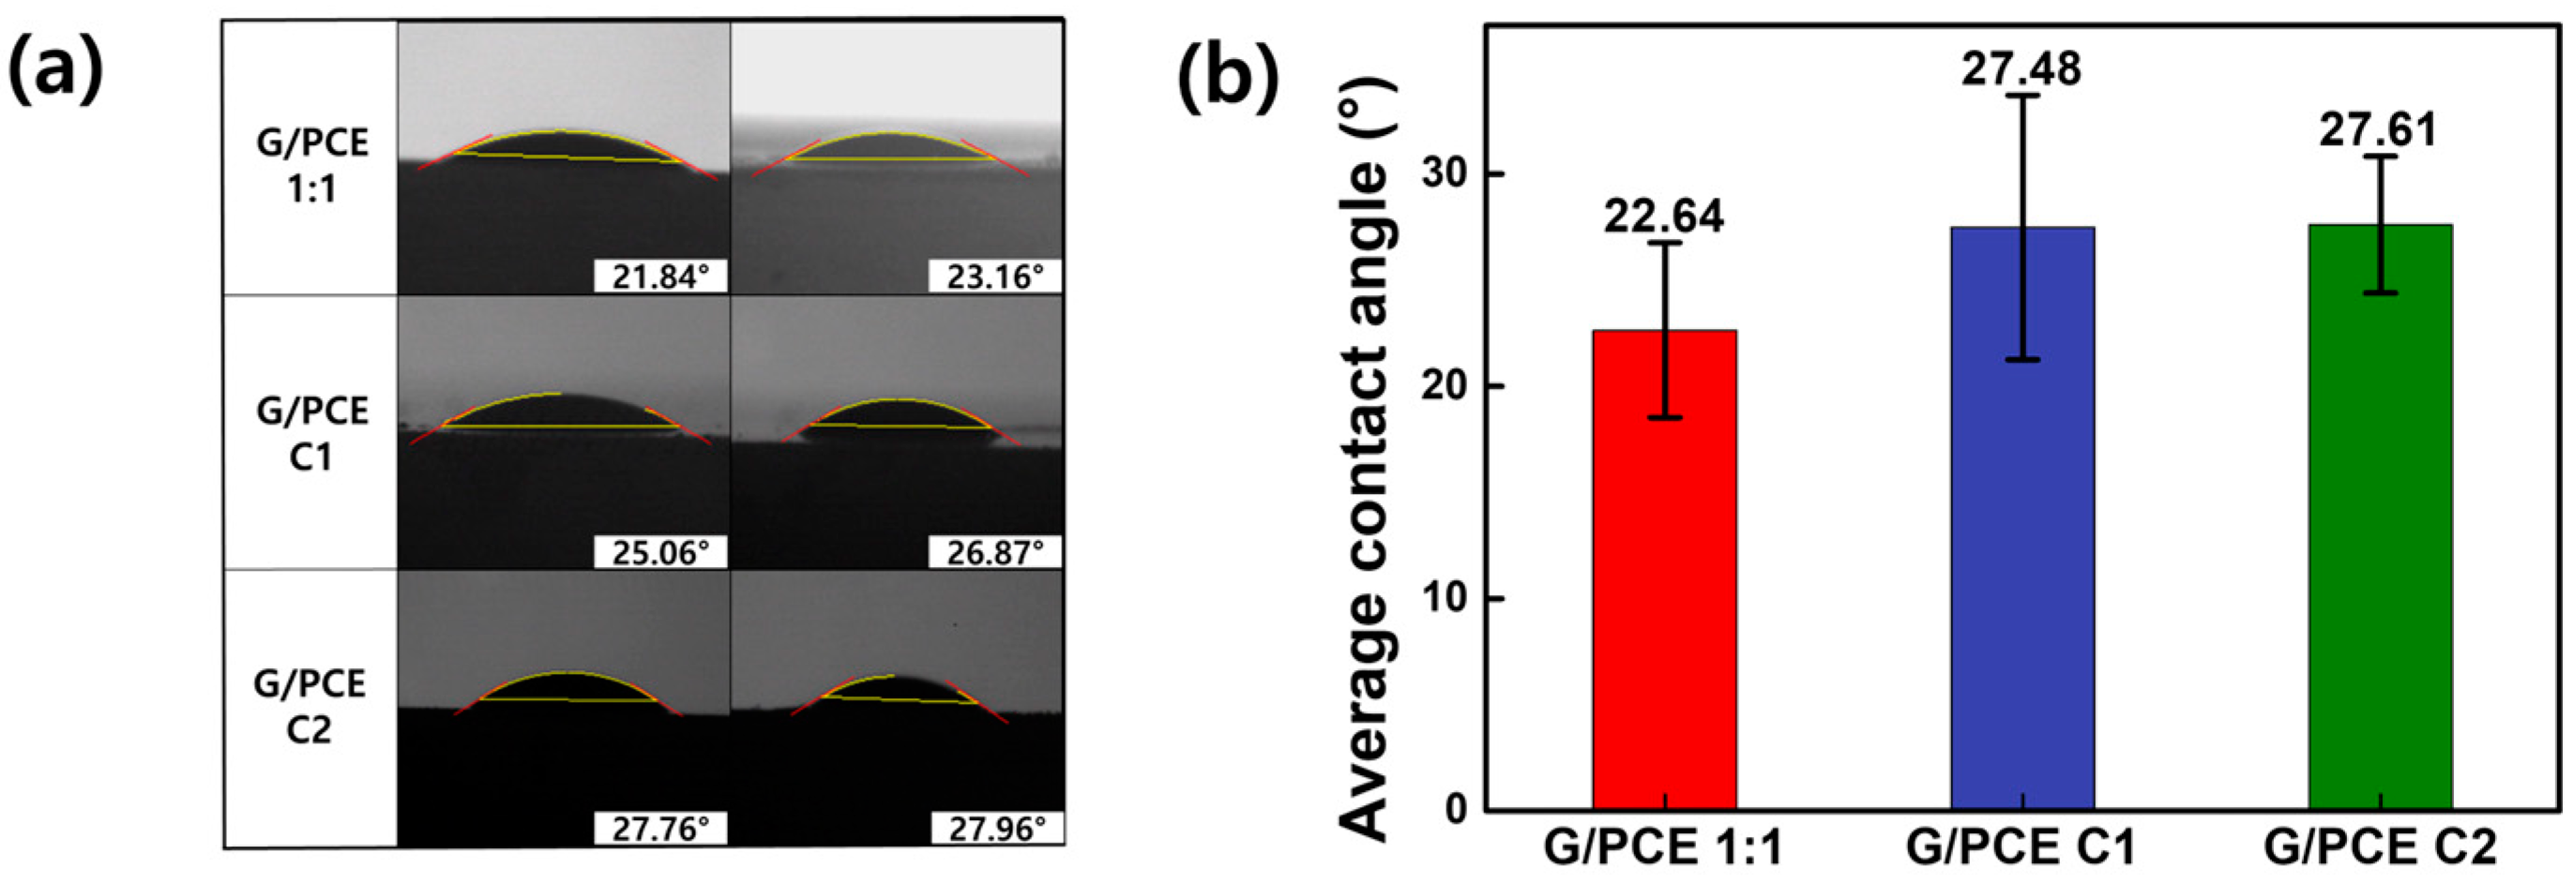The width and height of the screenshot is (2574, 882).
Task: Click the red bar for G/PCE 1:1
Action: click(x=1664, y=569)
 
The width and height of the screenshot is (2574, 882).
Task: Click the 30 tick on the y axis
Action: click(x=1448, y=173)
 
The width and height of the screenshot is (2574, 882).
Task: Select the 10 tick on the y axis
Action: click(x=1448, y=598)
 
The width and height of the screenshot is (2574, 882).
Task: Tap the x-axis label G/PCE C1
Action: click(x=2021, y=847)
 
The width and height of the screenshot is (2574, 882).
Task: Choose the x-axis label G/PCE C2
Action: click(x=2380, y=847)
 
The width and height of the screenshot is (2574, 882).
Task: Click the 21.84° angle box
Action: click(x=660, y=277)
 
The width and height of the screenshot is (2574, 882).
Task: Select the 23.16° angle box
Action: click(x=994, y=277)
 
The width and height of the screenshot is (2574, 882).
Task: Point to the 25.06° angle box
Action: click(x=660, y=552)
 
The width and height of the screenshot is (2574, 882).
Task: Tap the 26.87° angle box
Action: click(x=994, y=552)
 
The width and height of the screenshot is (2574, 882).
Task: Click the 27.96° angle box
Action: click(x=996, y=828)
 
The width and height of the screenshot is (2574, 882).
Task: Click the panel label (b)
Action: click(x=1228, y=80)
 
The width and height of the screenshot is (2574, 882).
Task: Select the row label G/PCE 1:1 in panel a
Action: click(x=311, y=165)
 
